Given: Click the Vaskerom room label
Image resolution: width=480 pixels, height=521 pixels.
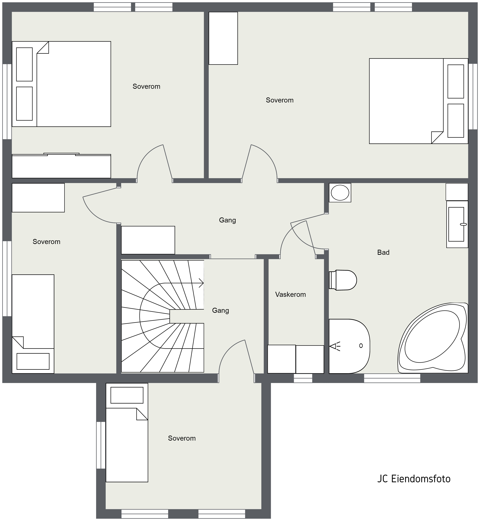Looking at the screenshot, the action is point(290,295).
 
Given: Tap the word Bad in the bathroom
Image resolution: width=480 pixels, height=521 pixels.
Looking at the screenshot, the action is point(383,253).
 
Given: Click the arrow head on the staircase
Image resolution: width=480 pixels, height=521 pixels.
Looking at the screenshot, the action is point(201,283).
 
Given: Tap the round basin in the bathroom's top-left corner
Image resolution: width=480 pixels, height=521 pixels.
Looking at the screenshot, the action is point(340,193).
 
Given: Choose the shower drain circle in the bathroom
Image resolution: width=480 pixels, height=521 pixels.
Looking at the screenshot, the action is point(361,346).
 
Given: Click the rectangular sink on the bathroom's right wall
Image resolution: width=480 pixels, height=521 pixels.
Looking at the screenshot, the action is point(457,224).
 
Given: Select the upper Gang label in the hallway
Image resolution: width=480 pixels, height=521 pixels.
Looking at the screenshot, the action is point(227,220).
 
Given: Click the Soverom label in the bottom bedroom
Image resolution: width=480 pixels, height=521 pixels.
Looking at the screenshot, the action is point(182,438).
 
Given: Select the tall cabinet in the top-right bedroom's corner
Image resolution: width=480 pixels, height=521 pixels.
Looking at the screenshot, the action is point(223,38).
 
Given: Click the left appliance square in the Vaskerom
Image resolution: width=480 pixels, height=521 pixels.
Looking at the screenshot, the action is point(281,359).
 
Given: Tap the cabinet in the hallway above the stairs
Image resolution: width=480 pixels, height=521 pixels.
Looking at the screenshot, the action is point(148,240).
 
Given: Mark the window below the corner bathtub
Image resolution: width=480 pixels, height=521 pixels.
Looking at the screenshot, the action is point(392,378).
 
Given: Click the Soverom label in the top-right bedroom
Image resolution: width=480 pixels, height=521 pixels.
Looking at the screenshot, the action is point(280,100).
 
